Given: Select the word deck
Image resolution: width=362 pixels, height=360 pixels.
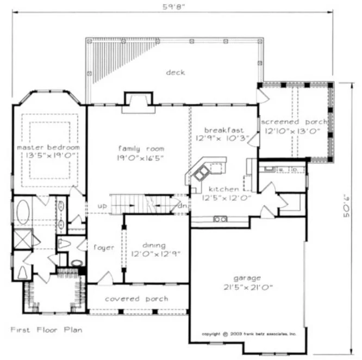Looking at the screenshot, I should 176,72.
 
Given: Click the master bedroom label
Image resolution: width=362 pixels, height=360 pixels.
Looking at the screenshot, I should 48,147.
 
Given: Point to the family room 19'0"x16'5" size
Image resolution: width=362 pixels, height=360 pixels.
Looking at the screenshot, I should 141,158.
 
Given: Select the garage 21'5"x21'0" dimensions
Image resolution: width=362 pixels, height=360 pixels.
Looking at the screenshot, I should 248,287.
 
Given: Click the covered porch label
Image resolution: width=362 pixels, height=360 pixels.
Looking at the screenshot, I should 136,299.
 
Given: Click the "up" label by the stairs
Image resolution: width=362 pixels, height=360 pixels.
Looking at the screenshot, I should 102,207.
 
